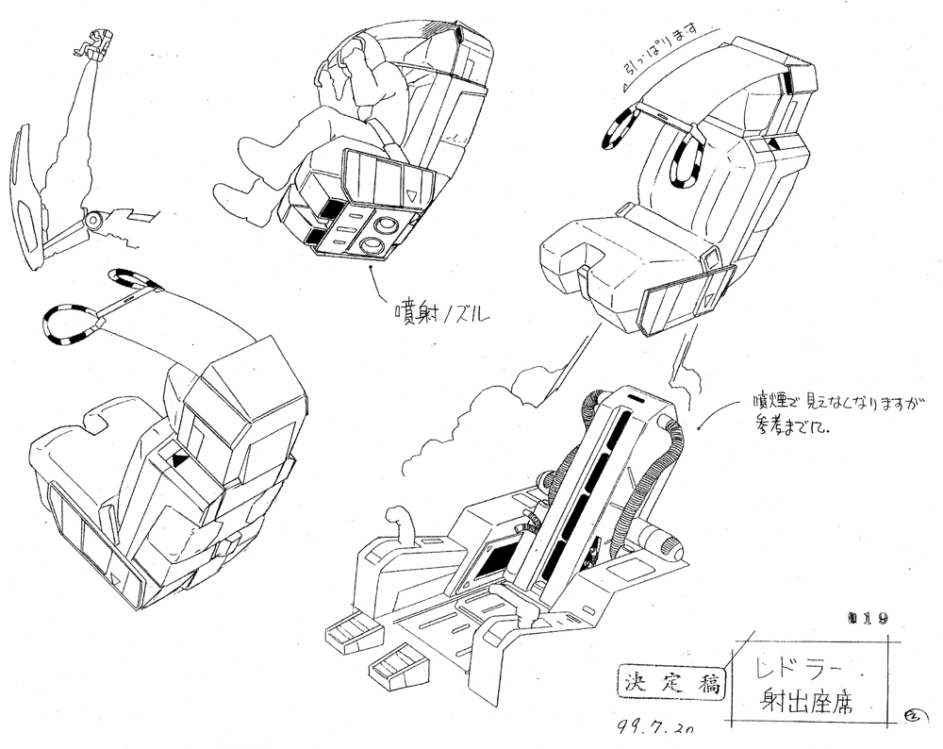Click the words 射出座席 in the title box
click(x=806, y=703)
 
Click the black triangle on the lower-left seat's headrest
click(x=177, y=459)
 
